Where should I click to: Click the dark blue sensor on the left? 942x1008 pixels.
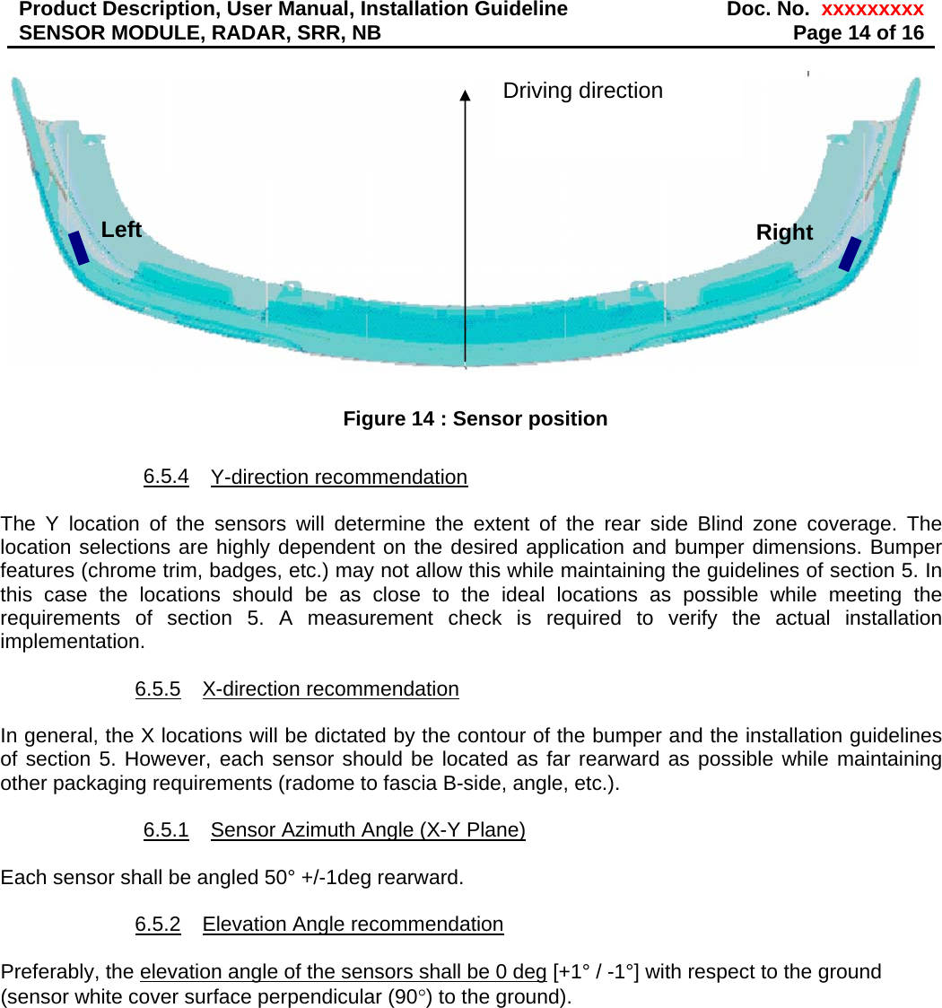pyautogui.click(x=80, y=247)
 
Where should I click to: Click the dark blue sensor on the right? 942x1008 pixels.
pyautogui.click(x=850, y=254)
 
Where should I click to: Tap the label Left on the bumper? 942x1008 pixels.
pyautogui.click(x=121, y=230)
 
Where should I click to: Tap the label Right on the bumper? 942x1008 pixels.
pyautogui.click(x=784, y=232)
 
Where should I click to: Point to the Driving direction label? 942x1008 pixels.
pyautogui.click(x=582, y=91)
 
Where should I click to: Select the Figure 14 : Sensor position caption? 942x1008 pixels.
pyautogui.click(x=475, y=418)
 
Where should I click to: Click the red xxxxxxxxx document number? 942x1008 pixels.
pyautogui.click(x=872, y=10)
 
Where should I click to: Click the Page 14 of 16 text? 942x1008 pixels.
pyautogui.click(x=859, y=33)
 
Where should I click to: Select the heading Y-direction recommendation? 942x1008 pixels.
pyautogui.click(x=339, y=477)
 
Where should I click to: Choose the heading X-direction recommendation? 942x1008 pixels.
pyautogui.click(x=330, y=689)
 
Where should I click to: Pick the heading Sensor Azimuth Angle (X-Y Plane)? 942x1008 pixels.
pyautogui.click(x=368, y=830)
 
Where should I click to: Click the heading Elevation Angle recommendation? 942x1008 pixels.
pyautogui.click(x=353, y=925)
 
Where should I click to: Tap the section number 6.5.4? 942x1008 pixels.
pyautogui.click(x=166, y=476)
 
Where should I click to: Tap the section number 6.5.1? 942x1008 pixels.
pyautogui.click(x=166, y=830)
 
